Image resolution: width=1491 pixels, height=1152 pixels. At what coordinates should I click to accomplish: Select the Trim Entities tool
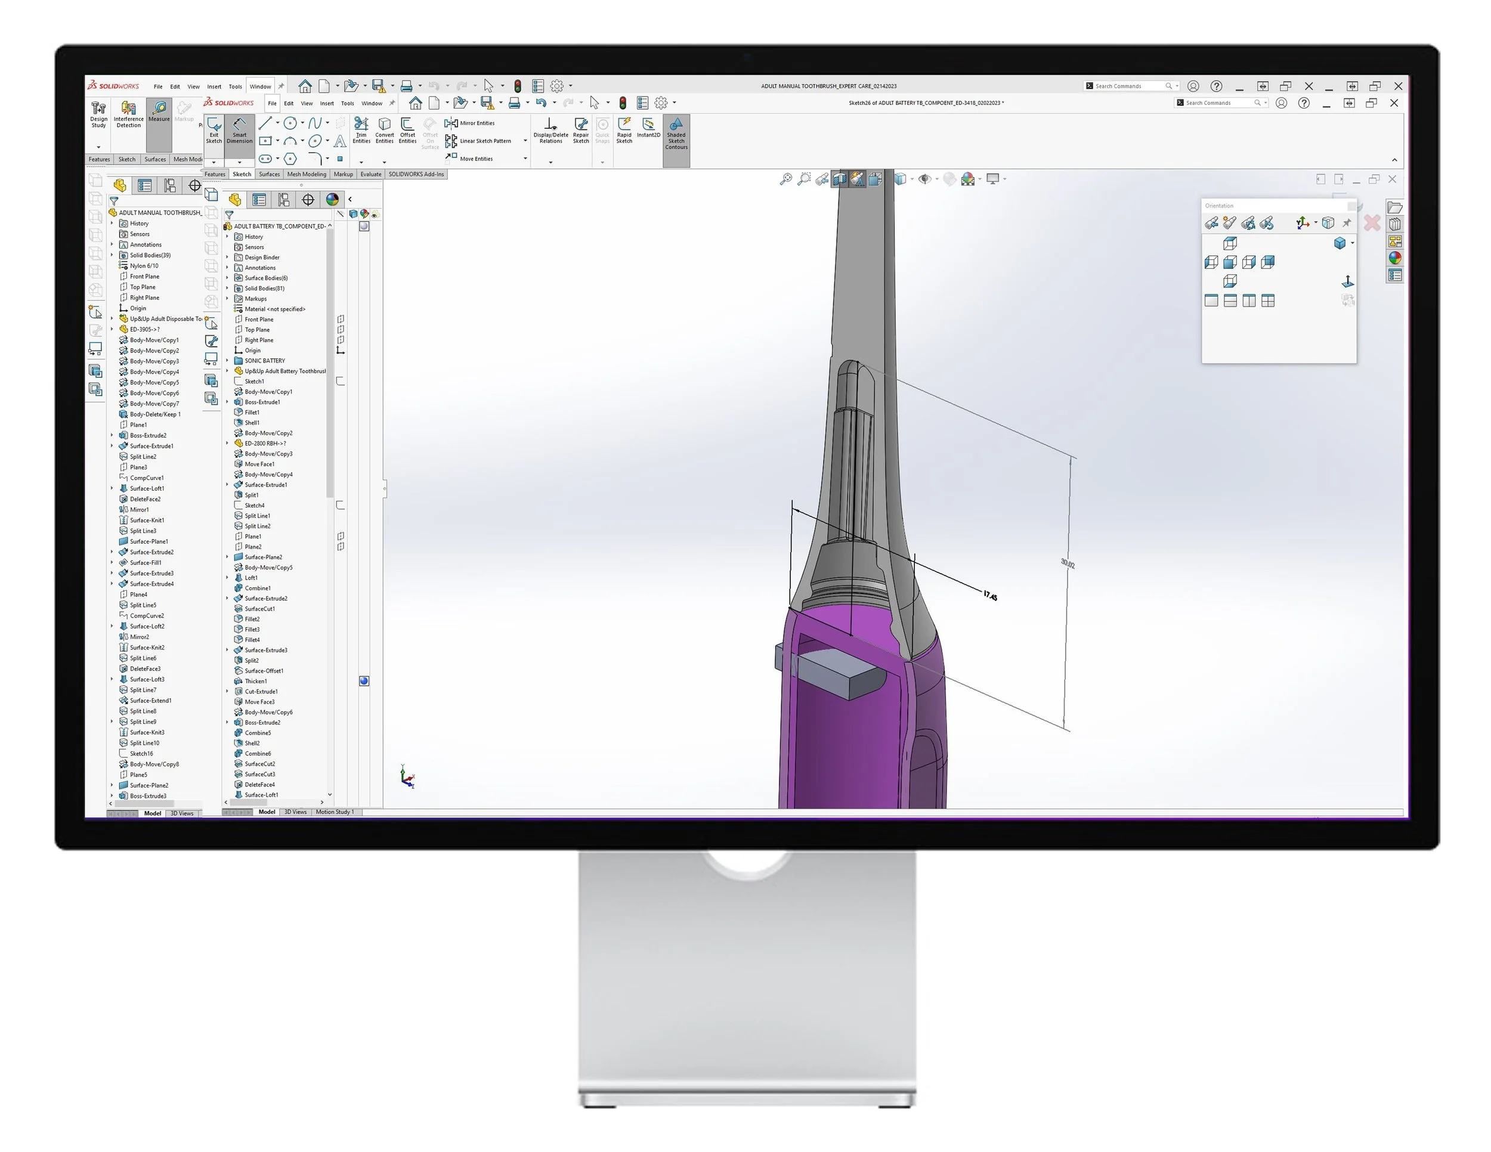[361, 129]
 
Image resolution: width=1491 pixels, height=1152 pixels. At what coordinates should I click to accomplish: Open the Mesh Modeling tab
[307, 174]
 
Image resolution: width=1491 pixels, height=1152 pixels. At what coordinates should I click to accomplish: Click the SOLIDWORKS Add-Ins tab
[416, 174]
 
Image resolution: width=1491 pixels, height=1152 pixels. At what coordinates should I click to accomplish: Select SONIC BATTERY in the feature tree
[265, 360]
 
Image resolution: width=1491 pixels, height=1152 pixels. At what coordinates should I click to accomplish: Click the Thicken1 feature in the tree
[255, 681]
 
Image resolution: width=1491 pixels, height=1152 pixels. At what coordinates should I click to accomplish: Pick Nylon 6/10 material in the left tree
[144, 265]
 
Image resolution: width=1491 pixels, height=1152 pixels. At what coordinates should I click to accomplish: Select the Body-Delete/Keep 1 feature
[155, 414]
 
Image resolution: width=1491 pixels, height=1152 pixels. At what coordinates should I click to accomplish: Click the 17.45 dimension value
[990, 596]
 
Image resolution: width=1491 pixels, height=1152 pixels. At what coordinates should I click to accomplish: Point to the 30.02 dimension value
[1068, 563]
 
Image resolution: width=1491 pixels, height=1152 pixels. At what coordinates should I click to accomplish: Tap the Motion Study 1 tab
[335, 812]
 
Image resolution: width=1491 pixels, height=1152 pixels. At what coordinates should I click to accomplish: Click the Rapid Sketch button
[624, 129]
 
